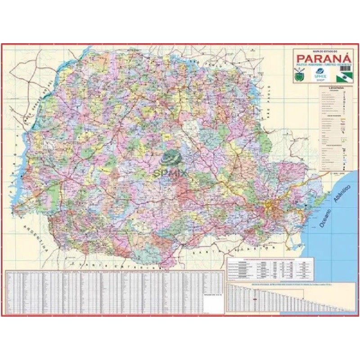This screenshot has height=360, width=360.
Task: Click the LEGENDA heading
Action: click(336, 87)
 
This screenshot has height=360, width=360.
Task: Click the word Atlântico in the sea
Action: click(341, 194)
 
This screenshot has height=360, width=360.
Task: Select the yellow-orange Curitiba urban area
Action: click(270, 207)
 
